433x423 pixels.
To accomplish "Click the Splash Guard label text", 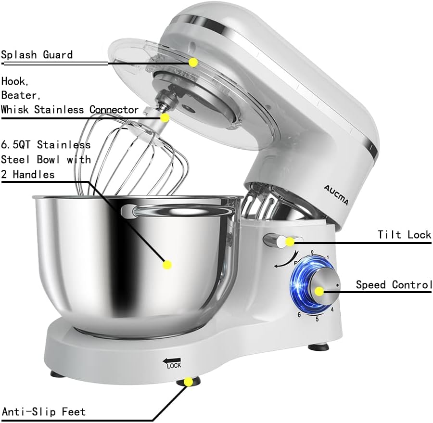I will click(37, 54).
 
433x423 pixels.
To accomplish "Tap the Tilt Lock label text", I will click(404, 235).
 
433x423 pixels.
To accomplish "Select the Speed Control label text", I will click(394, 285).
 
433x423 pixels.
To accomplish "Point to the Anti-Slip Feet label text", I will click(44, 412).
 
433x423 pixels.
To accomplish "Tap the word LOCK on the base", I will click(174, 366).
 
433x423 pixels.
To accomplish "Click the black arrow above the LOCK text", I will click(172, 359).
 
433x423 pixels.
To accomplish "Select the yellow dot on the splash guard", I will click(193, 62).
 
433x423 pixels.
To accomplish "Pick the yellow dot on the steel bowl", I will click(167, 264).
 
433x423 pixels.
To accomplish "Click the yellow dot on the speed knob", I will click(319, 290).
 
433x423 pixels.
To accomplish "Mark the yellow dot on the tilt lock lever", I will click(290, 242).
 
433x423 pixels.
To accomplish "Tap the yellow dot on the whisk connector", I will click(165, 117).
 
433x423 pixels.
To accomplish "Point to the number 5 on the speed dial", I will click(317, 319).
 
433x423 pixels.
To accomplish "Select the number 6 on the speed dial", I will click(299, 314).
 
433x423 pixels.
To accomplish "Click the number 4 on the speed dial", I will click(332, 310).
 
